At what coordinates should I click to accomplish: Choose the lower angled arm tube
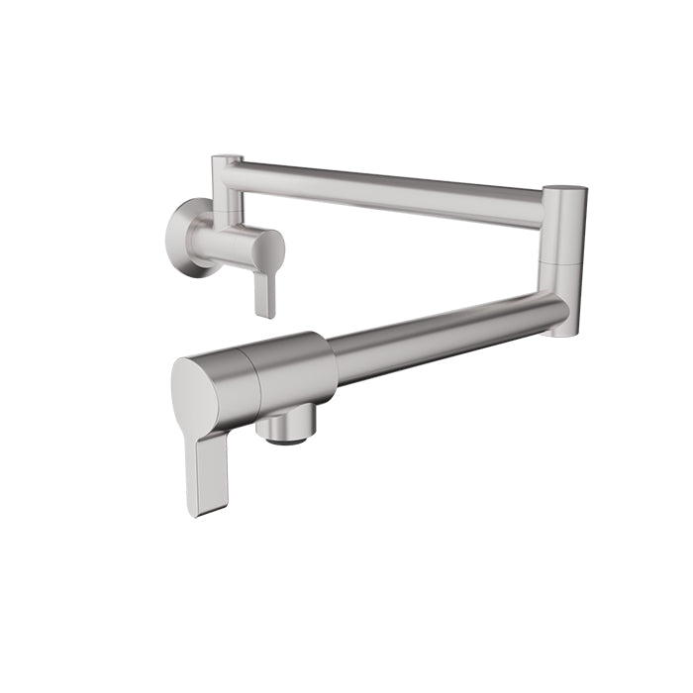[445, 337]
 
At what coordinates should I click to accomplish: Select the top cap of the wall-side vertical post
[230, 156]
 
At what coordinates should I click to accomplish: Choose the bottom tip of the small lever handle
[264, 313]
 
